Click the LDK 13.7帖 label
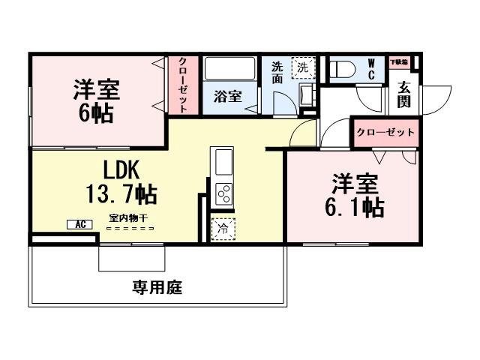(x=120, y=182)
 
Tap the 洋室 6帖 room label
(x=96, y=100)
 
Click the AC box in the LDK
(x=78, y=224)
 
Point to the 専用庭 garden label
(x=157, y=286)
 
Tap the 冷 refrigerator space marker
(x=223, y=228)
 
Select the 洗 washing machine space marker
(x=303, y=67)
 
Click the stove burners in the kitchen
(x=224, y=193)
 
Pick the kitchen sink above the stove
(x=224, y=160)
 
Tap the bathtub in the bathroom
(x=229, y=69)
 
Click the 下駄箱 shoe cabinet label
(x=398, y=61)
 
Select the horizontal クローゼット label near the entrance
(x=385, y=132)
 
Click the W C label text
(x=371, y=69)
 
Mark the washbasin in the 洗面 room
(x=306, y=95)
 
